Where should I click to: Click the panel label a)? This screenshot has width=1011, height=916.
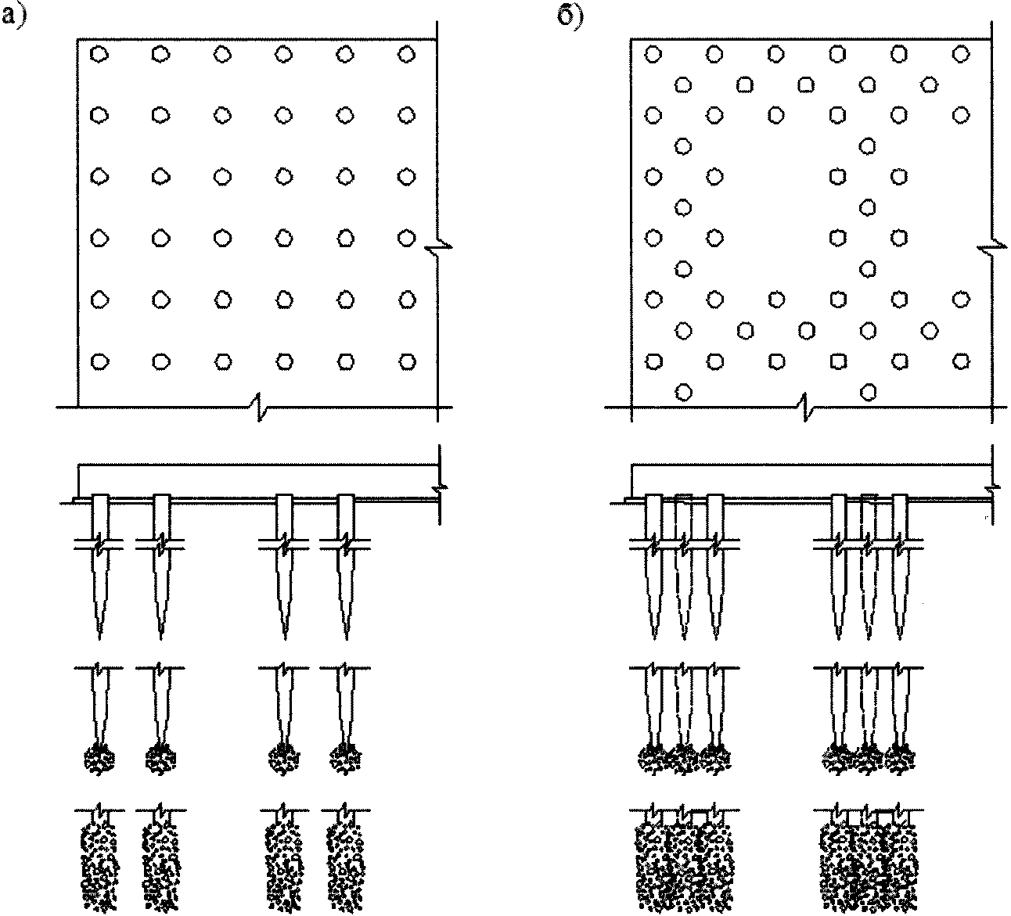tap(13, 17)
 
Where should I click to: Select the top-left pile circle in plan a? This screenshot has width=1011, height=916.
tap(99, 54)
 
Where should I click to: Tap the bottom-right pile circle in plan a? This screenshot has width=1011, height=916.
tap(407, 361)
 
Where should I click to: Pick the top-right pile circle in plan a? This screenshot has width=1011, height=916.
tap(406, 54)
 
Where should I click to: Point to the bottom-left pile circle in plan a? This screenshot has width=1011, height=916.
tap(100, 361)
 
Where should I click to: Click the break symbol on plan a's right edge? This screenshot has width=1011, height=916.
tap(438, 247)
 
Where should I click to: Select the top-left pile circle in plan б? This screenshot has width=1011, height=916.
tap(653, 54)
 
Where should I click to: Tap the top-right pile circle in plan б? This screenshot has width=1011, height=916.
tap(961, 54)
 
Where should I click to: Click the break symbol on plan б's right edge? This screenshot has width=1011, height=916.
tap(992, 248)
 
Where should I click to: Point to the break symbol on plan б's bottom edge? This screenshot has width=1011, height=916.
tap(805, 407)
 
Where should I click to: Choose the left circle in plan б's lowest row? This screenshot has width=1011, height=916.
tap(683, 392)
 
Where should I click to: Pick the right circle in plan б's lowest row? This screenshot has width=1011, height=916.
tap(868, 392)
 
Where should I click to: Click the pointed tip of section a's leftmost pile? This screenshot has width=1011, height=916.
tap(100, 639)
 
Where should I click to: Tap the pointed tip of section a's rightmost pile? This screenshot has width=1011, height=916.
tap(347, 639)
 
